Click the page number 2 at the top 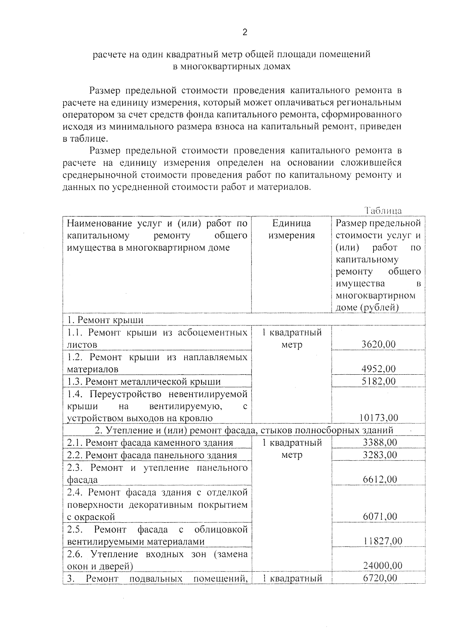coord(245,33)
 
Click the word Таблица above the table coord(383,211)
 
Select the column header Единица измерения coord(292,229)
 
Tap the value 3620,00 coord(378,344)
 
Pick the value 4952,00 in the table coord(378,369)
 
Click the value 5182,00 coord(378,381)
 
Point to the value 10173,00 coord(378,418)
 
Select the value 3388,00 coord(380,442)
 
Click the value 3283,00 coord(380,455)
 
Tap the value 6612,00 coord(380,479)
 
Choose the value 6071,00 coord(380,516)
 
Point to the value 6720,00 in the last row coord(380,578)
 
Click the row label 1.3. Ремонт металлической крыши coord(144,381)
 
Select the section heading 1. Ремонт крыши coord(105,320)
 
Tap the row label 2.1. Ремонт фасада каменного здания coord(150,443)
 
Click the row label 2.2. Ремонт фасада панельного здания coord(152,455)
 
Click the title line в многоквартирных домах coord(232,67)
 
